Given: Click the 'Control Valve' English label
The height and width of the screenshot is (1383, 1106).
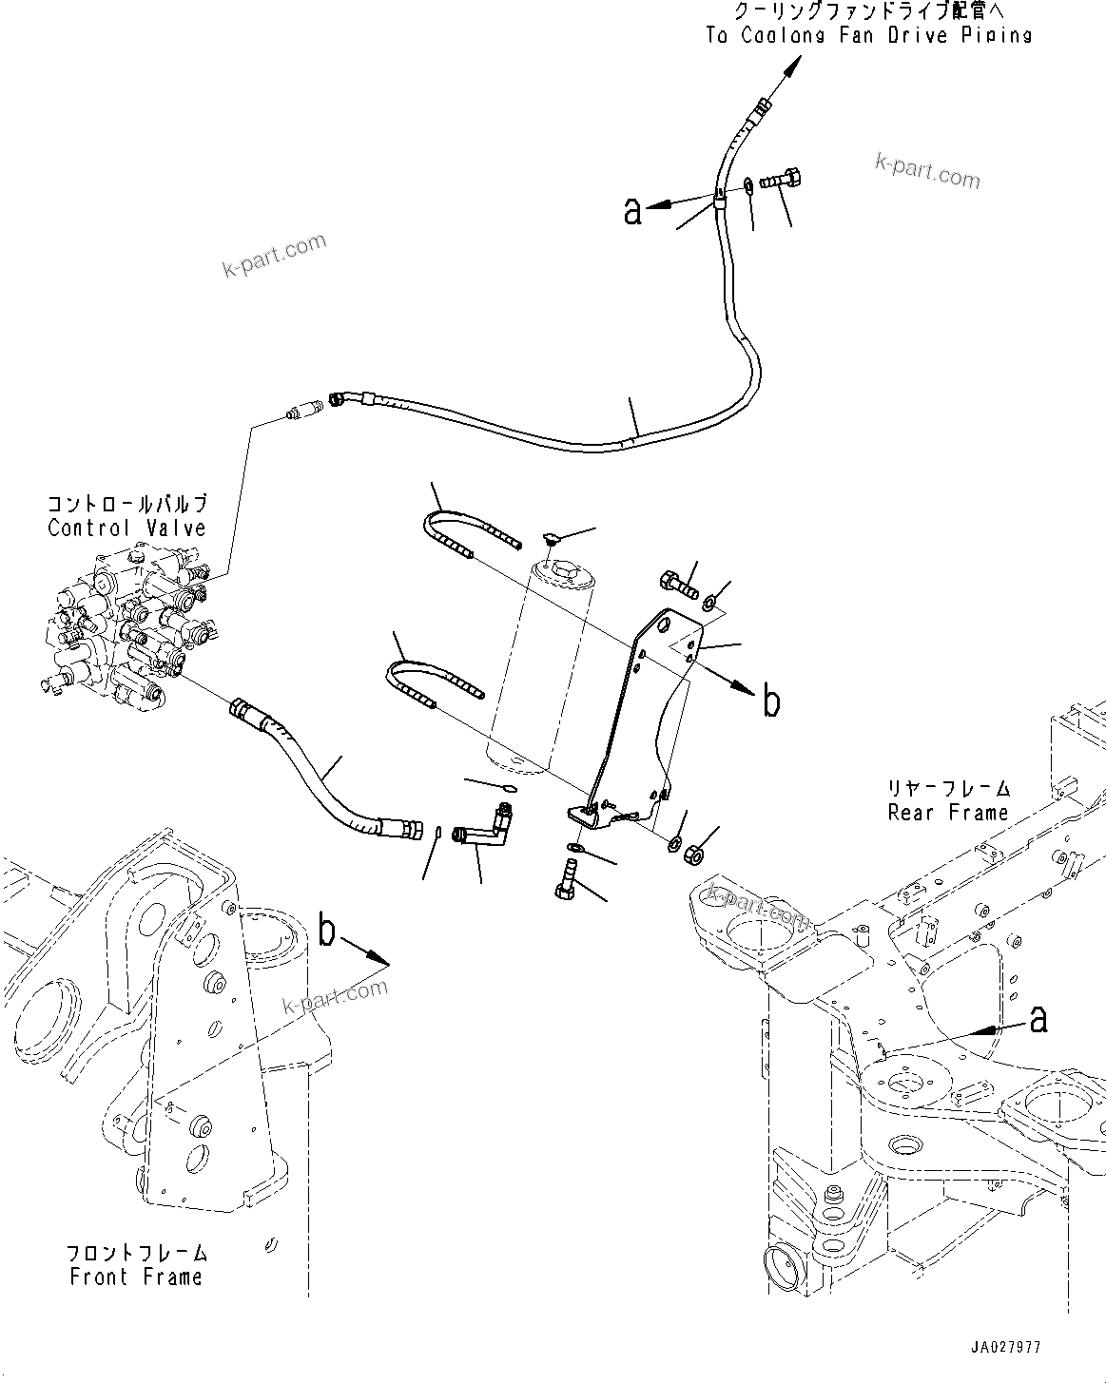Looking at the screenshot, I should [126, 528].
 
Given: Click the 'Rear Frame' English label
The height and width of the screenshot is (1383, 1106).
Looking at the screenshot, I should [947, 813].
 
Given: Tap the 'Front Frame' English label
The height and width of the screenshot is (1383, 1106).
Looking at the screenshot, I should [136, 1277].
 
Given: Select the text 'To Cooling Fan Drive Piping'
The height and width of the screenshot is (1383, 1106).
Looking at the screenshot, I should [868, 36].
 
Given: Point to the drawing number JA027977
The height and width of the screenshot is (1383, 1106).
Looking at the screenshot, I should [1006, 1348].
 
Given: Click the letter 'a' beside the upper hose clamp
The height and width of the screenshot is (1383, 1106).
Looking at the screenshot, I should [632, 210].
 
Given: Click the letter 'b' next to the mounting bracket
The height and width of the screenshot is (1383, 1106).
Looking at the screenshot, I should [771, 701].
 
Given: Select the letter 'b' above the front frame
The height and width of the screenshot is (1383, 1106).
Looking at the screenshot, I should [328, 932].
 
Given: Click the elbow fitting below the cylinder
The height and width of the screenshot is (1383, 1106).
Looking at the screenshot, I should [483, 823].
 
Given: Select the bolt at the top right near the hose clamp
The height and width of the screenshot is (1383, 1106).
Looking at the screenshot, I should [783, 177].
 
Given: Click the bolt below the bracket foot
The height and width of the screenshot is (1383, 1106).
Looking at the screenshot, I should [564, 879].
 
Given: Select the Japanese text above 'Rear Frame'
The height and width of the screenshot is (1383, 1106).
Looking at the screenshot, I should [947, 789].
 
